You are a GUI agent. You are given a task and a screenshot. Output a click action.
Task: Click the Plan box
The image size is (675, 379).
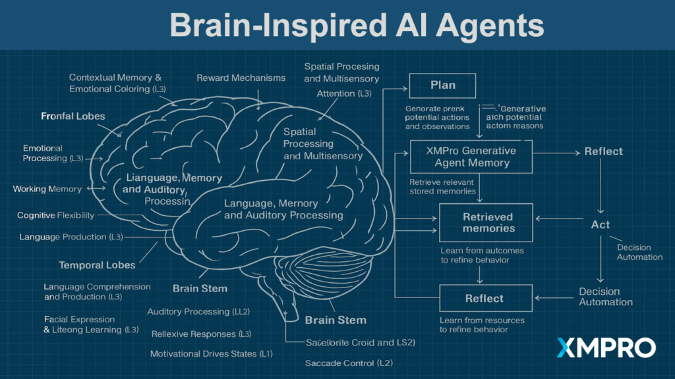[442, 86]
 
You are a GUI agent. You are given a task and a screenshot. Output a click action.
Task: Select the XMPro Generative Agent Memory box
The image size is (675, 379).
[471, 157]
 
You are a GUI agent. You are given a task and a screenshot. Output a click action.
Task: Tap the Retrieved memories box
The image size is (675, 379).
[488, 222]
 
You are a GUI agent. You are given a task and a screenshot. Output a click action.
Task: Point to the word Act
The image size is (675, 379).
[600, 224]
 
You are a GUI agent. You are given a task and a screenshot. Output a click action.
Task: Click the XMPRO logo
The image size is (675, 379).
[606, 347]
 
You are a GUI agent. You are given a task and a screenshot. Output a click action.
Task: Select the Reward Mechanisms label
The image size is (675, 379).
[241, 78]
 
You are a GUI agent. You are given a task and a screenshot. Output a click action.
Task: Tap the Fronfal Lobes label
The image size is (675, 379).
[73, 116]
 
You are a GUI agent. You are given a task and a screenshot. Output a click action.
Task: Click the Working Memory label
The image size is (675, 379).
[47, 189]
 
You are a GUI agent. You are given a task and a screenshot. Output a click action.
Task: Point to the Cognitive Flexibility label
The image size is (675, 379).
[55, 215]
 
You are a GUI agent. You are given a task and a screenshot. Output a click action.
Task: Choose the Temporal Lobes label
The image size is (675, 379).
[97, 265]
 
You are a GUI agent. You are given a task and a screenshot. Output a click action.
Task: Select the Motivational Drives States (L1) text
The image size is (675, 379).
[211, 354]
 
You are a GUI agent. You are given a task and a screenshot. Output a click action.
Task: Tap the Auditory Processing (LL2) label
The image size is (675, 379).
[198, 311]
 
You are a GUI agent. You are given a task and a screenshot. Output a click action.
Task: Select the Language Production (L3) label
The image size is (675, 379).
[71, 236]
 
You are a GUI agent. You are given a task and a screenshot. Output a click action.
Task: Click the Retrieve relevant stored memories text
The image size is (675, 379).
[442, 187]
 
